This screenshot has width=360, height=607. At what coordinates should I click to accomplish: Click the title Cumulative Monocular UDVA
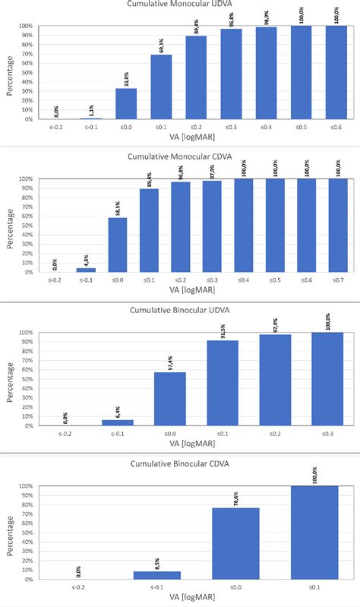click(180, 5)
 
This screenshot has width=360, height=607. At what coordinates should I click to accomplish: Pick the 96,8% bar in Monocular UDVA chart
click(231, 74)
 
